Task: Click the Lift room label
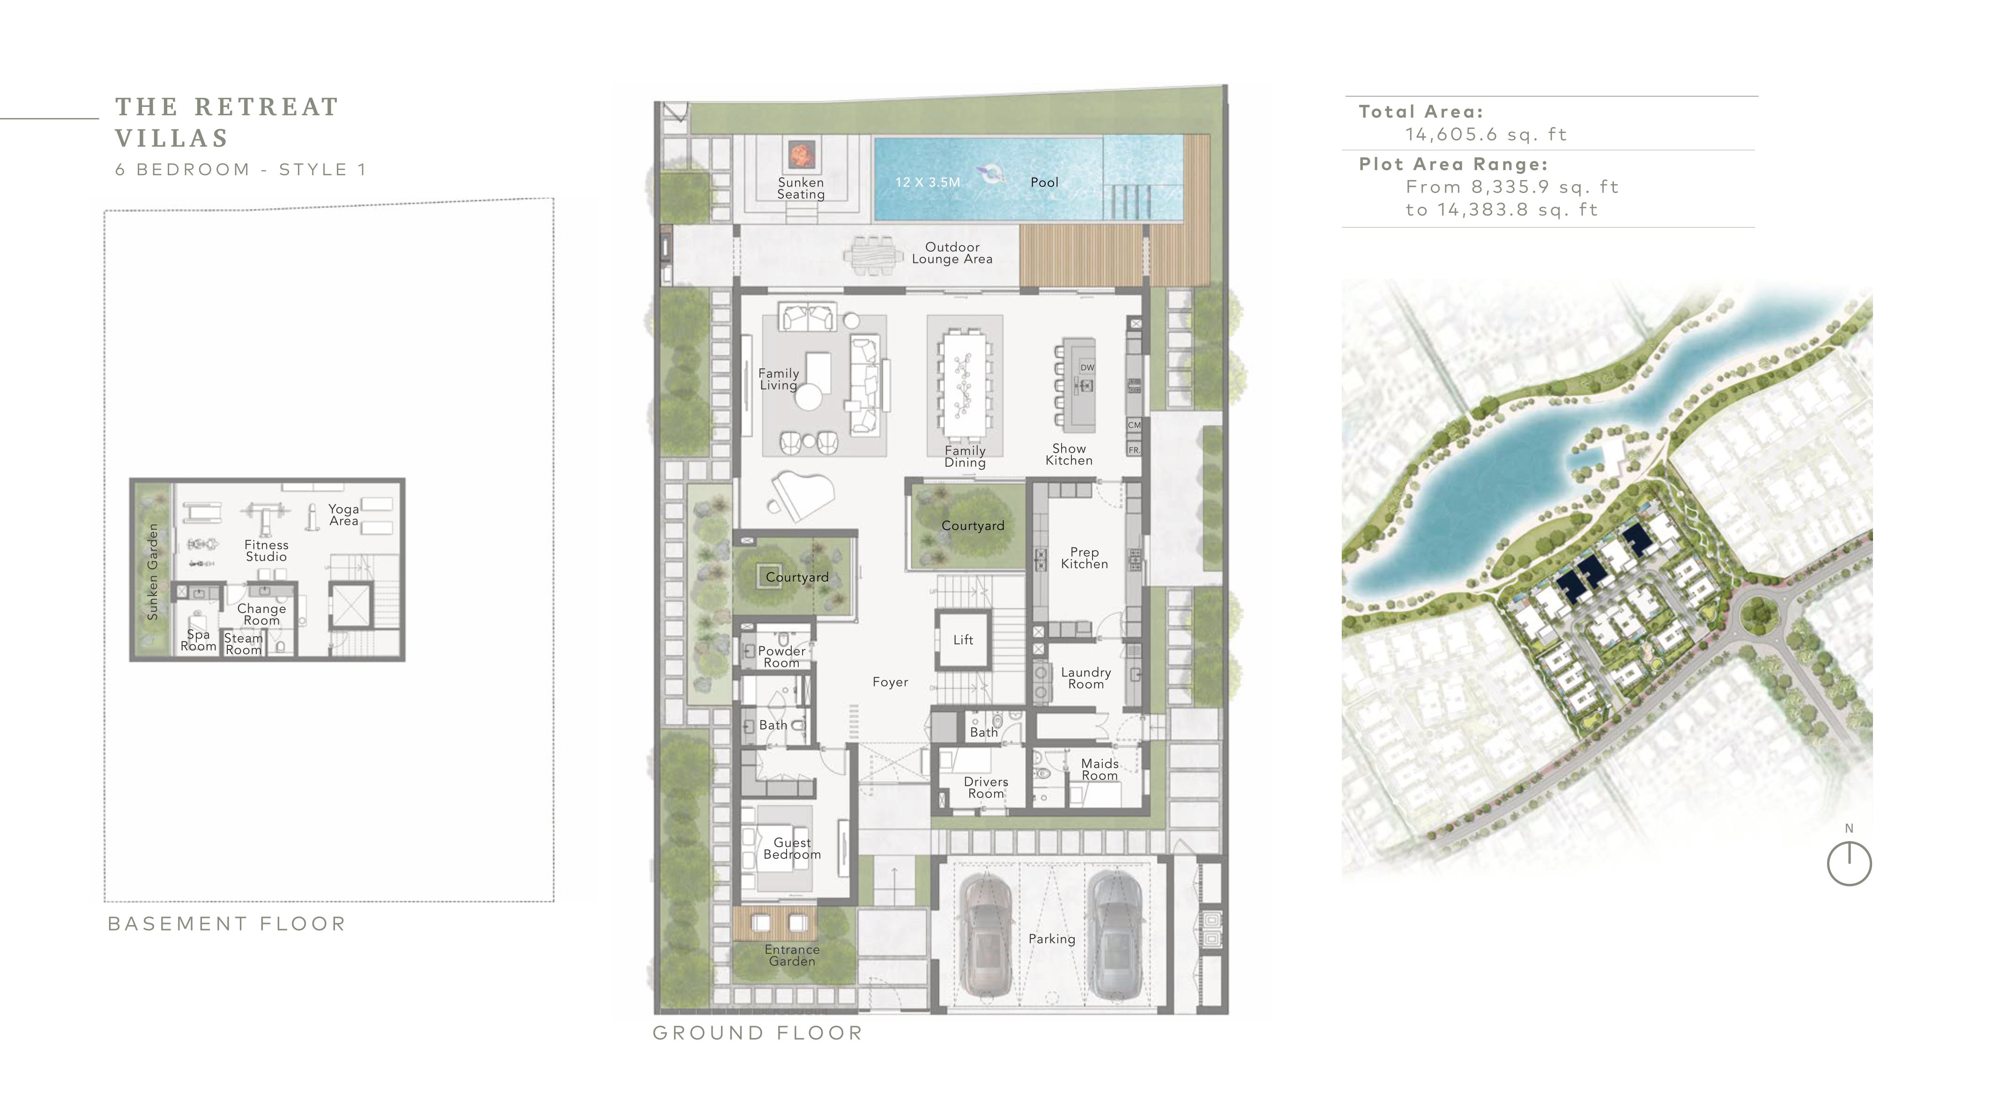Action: click(963, 640)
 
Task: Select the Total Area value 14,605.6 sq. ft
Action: click(1486, 134)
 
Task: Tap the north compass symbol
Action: click(1849, 863)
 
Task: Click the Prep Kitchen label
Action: click(1084, 558)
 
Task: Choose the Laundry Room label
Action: click(1085, 678)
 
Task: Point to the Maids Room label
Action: click(1100, 769)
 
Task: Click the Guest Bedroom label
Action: click(792, 849)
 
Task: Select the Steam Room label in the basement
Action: click(244, 643)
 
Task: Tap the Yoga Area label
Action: click(343, 515)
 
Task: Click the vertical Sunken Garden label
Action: click(152, 572)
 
